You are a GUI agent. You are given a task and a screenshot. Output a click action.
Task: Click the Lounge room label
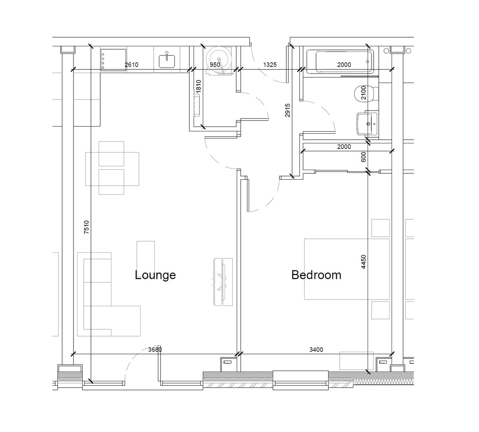pyautogui.click(x=155, y=275)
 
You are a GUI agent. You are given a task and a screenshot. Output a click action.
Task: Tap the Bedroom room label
pyautogui.click(x=316, y=275)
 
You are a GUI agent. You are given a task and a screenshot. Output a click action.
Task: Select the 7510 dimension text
pyautogui.click(x=87, y=228)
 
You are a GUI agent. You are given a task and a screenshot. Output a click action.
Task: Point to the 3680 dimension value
pyautogui.click(x=155, y=350)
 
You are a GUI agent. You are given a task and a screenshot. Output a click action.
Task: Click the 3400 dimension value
pyautogui.click(x=316, y=350)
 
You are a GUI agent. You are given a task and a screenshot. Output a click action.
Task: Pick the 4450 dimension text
pyautogui.click(x=363, y=262)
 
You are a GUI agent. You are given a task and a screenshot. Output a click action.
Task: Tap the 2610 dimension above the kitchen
pyautogui.click(x=131, y=65)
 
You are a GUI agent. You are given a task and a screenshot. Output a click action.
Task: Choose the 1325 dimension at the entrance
pyautogui.click(x=270, y=65)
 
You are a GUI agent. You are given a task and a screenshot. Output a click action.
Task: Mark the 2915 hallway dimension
pyautogui.click(x=287, y=111)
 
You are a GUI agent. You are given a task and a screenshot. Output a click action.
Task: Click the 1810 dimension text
pyautogui.click(x=198, y=86)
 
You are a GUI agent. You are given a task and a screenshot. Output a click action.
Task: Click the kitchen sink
pyautogui.click(x=167, y=60)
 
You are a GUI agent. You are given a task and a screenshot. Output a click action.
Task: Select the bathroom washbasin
pyautogui.click(x=366, y=123)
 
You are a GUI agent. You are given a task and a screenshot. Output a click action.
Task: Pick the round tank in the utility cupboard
pyautogui.click(x=219, y=60)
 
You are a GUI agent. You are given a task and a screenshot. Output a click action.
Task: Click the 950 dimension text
pyautogui.click(x=215, y=65)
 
